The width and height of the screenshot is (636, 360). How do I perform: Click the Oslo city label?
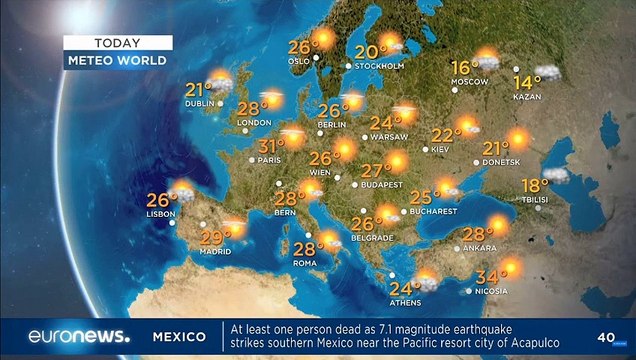pos(300,60)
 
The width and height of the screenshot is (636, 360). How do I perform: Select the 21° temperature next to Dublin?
pos(197,90)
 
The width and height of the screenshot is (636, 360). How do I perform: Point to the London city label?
pos(254,123)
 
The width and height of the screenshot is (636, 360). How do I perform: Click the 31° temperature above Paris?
pos(270,146)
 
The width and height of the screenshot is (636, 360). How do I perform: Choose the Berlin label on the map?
pos(331,124)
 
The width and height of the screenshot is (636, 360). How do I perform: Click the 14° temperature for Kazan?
pos(526,81)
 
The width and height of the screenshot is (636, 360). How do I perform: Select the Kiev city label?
pos(440,149)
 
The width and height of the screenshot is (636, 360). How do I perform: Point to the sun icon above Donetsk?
pos(518,139)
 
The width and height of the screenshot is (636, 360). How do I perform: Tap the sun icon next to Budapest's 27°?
pos(398,161)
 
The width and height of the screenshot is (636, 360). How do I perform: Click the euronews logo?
pos(79,336)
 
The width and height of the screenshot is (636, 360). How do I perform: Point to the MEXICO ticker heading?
pos(180,337)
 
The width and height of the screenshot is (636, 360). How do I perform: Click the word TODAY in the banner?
pos(117,43)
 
